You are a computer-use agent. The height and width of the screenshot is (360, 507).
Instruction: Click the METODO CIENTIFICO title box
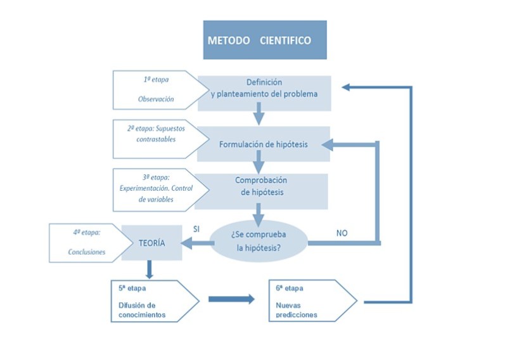coord(264,40)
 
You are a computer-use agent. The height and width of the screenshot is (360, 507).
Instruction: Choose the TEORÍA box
coord(151,242)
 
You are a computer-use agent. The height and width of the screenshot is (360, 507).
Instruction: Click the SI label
coord(196,229)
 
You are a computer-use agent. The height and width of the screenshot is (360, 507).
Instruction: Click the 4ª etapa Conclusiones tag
coord(86,241)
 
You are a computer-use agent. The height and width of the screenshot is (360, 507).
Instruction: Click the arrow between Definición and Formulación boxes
coord(258,116)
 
